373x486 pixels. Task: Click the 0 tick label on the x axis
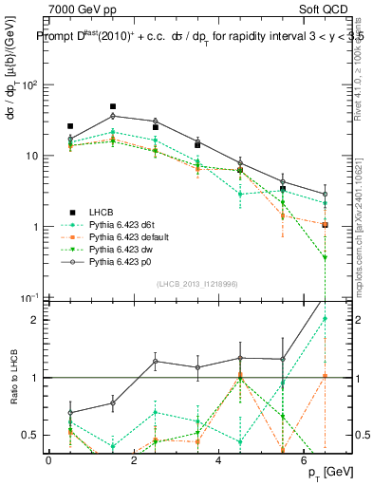tap(49, 459)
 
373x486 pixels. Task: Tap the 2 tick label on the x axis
tap(135, 459)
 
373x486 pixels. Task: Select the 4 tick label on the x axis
tap(220, 459)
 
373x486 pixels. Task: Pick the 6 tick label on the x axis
tap(305, 459)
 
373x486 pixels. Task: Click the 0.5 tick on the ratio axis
tap(29, 436)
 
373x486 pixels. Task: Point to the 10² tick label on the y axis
tap(28, 84)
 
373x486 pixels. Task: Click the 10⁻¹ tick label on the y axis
tap(28, 298)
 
